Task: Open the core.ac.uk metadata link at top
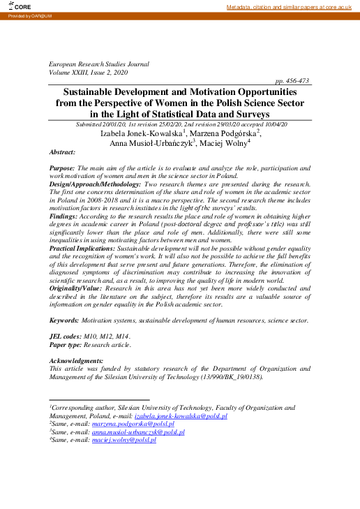point(292,7)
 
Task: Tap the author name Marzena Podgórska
point(223,133)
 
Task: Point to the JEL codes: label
point(68,336)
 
